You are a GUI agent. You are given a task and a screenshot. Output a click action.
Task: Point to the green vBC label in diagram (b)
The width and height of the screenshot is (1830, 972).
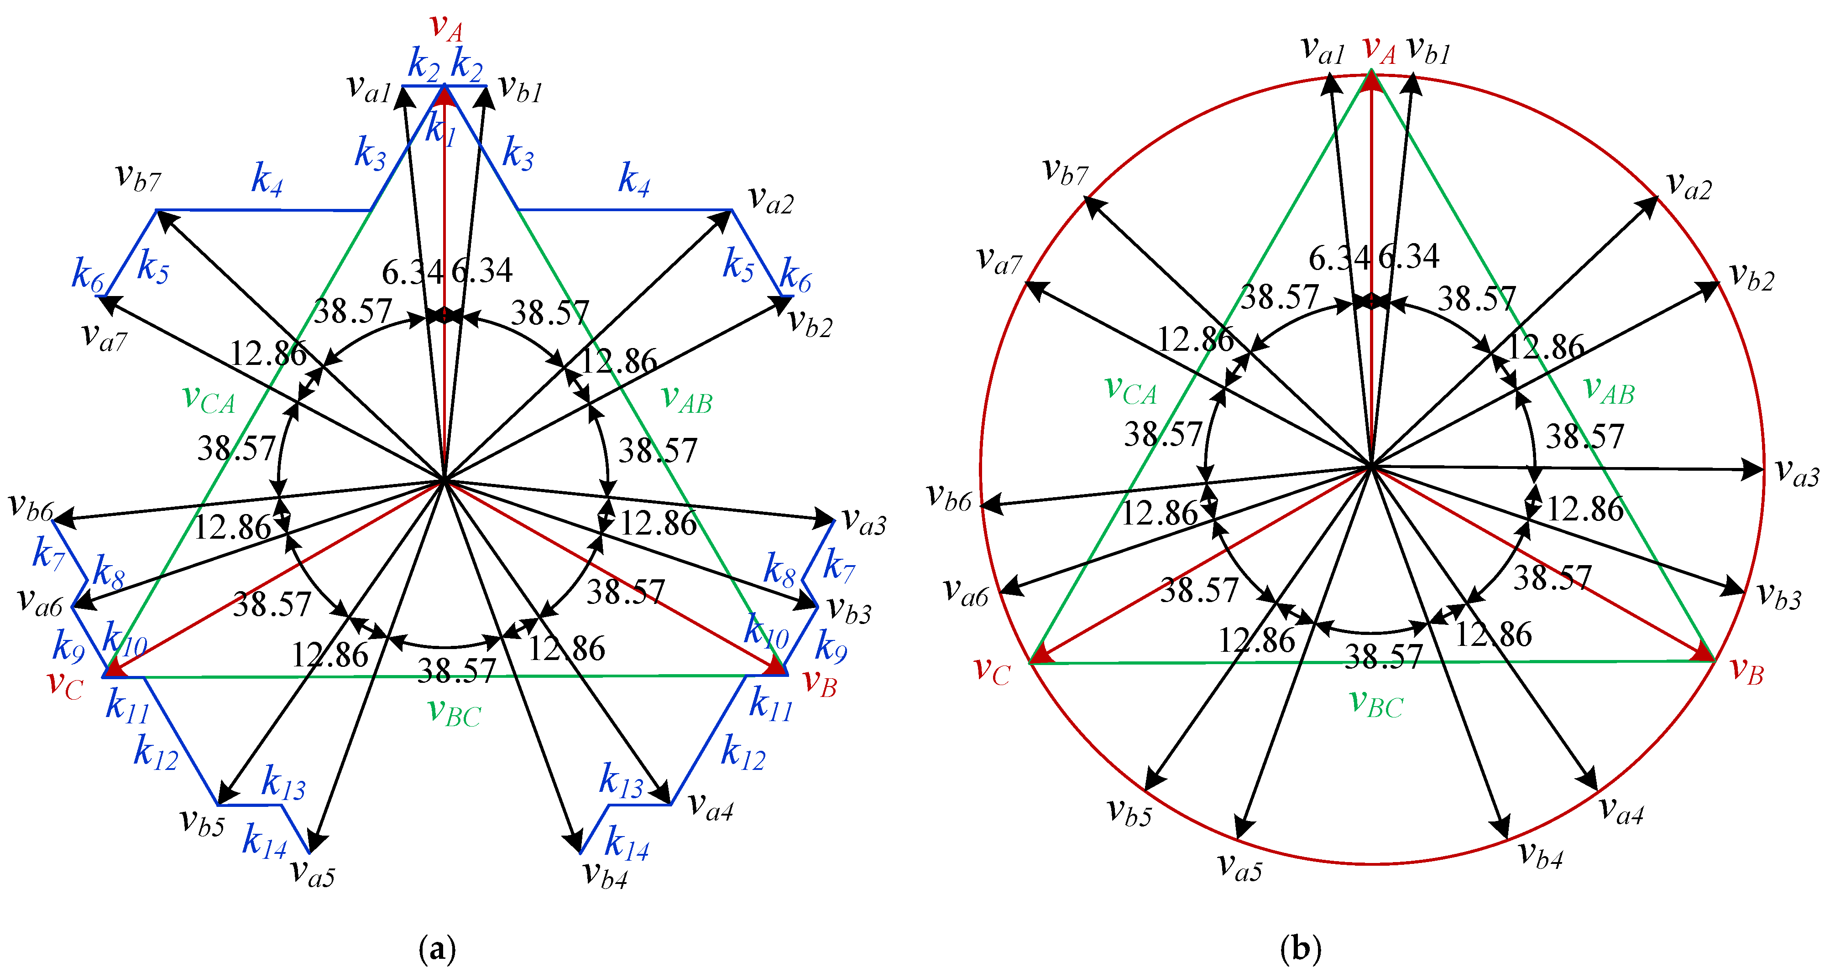pos(1376,704)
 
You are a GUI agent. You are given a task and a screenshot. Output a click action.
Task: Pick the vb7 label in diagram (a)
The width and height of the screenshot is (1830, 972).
pos(139,177)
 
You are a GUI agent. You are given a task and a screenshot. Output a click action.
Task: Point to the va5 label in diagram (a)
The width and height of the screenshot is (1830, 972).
pos(313,873)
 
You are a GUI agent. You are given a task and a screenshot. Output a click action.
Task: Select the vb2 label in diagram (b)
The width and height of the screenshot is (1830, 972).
pos(1751,277)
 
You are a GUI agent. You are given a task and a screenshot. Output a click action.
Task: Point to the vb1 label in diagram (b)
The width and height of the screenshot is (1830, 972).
pos(1428,51)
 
